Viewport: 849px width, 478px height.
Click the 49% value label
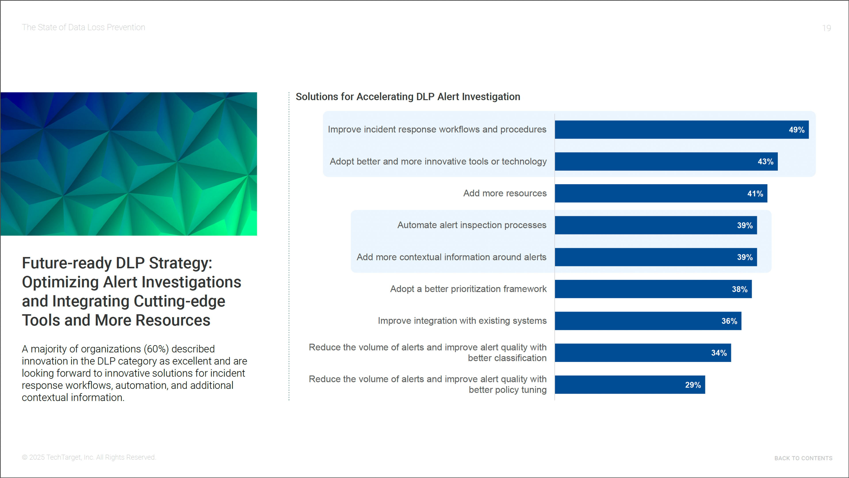[x=796, y=130]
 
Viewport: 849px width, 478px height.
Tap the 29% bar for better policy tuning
[x=629, y=385]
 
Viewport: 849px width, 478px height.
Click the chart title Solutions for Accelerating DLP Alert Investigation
[x=408, y=97]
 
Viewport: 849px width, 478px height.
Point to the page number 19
[x=826, y=28]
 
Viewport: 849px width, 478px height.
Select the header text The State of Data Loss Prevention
[x=83, y=27]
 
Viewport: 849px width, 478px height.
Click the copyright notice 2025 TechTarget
[x=89, y=457]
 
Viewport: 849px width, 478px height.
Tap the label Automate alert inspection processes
[x=472, y=225]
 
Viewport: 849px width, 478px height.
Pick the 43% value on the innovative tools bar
[x=765, y=162]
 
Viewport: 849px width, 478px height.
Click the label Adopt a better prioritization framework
[x=468, y=289]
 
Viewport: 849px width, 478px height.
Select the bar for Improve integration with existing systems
[x=648, y=321]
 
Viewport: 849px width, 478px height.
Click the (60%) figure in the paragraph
[x=156, y=349]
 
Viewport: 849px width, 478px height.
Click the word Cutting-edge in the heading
[x=179, y=301]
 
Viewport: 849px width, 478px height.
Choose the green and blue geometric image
[x=128, y=164]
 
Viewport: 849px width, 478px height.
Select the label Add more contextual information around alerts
[x=451, y=257]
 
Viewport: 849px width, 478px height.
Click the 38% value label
[x=739, y=289]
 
